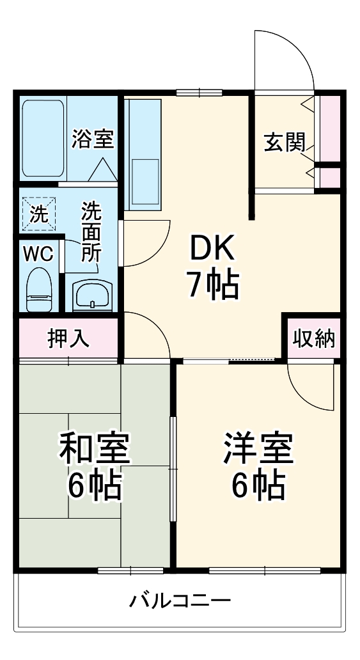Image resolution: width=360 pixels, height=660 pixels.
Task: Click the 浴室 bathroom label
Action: [x=93, y=139]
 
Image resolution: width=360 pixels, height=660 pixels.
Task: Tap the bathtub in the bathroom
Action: [x=42, y=138]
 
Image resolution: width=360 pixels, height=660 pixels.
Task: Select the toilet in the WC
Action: [x=38, y=289]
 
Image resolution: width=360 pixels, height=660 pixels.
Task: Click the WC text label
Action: [x=38, y=253]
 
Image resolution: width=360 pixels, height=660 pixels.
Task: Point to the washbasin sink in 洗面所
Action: [x=92, y=296]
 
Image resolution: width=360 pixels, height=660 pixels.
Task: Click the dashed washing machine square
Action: [x=38, y=212]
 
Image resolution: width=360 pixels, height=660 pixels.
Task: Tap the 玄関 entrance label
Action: [x=285, y=141]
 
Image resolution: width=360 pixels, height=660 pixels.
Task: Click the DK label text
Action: [x=212, y=247]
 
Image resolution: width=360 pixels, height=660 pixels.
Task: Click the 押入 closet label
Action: [x=68, y=339]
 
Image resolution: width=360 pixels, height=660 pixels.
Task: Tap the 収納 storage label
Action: [x=314, y=339]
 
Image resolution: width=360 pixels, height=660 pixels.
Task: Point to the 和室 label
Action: [x=95, y=449]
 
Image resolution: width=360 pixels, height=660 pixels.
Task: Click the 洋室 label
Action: [x=258, y=449]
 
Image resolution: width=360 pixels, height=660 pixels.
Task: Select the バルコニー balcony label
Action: [x=180, y=601]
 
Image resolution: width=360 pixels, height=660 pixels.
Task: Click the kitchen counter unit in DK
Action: [x=144, y=153]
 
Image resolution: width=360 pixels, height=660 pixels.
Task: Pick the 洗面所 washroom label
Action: [x=91, y=231]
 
